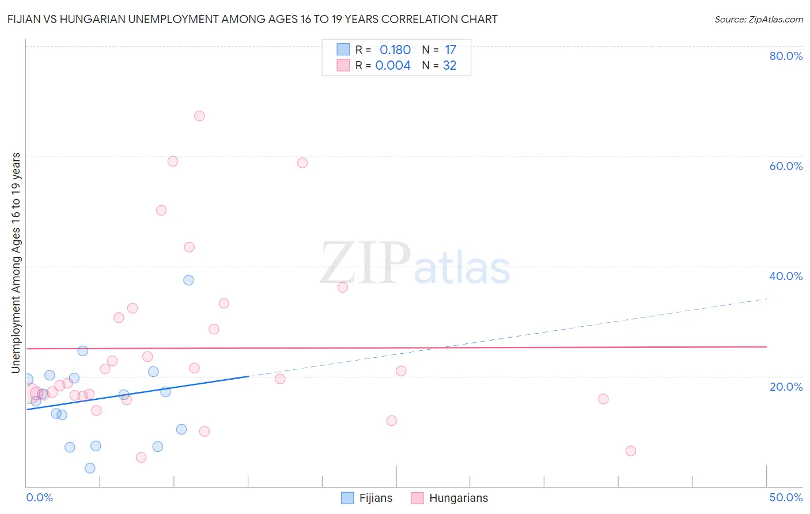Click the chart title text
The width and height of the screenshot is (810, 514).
(252, 19)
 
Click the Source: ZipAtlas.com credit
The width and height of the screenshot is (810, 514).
(758, 19)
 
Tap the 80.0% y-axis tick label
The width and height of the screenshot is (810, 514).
(786, 56)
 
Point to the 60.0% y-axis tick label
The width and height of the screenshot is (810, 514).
(786, 166)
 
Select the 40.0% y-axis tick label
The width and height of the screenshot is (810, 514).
(786, 276)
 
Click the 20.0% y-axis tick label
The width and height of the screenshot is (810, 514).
(786, 387)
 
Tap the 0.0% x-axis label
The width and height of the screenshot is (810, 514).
(39, 497)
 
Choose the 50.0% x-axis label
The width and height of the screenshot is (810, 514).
(786, 497)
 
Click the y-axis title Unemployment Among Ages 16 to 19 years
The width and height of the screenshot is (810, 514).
(16, 263)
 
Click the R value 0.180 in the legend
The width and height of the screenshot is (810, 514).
(395, 50)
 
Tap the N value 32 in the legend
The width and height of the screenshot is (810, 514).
(449, 66)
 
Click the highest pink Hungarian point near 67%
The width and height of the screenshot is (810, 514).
(199, 116)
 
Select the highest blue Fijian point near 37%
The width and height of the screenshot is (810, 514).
(188, 280)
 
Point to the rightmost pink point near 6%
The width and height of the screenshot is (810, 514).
(631, 451)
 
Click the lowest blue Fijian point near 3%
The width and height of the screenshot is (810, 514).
(90, 468)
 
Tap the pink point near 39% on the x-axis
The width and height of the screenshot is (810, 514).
(603, 399)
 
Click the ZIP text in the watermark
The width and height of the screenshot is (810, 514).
(364, 263)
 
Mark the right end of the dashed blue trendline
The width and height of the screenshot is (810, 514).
(767, 299)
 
